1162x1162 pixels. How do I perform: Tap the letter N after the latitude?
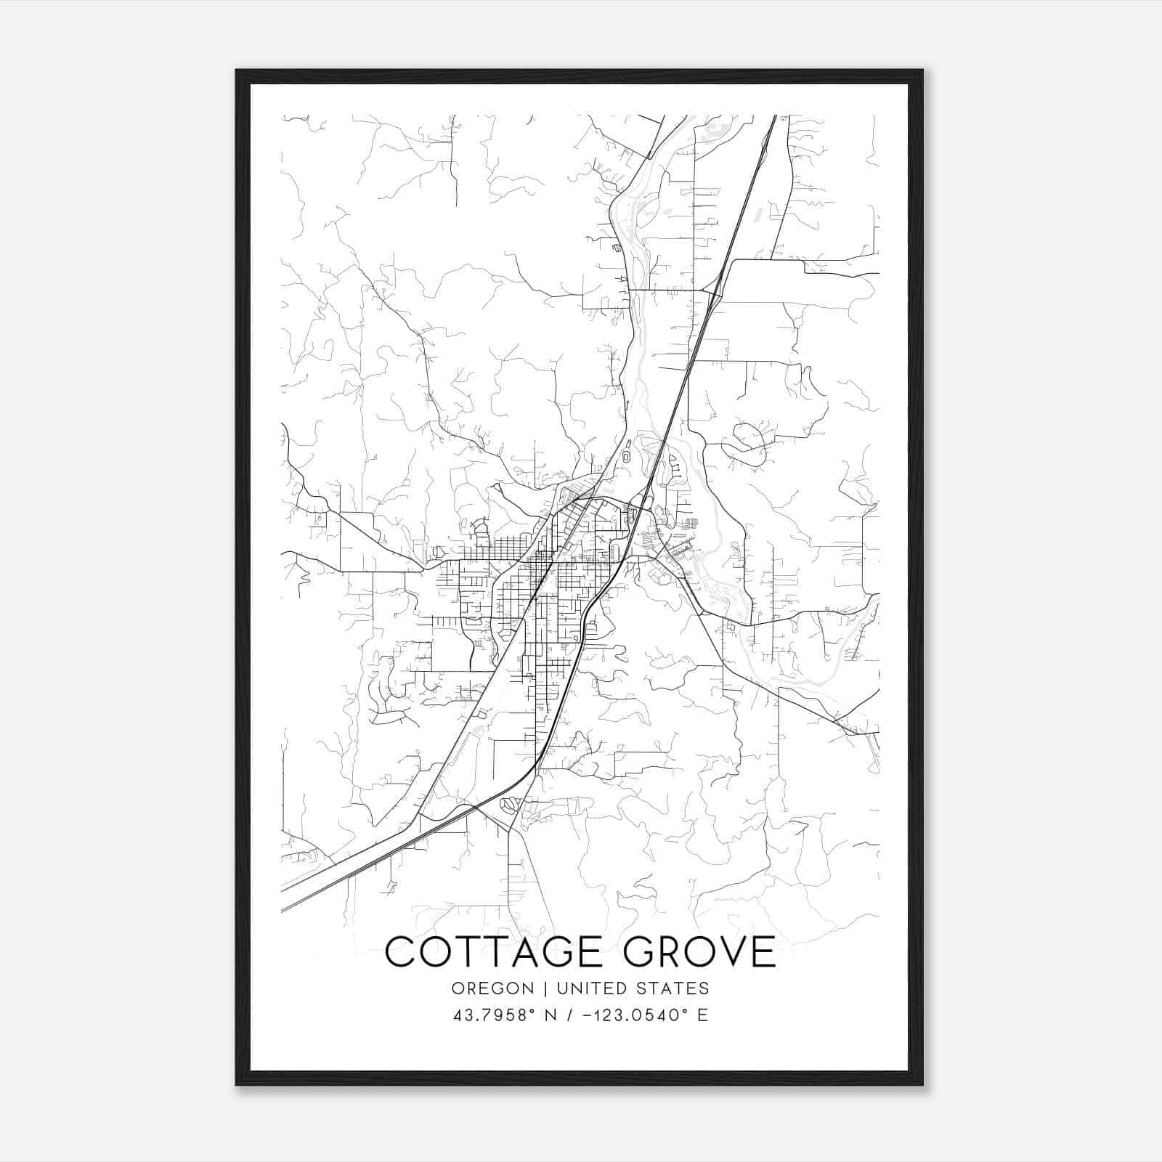[x=551, y=1015]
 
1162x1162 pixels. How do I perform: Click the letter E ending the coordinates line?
[x=702, y=1015]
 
